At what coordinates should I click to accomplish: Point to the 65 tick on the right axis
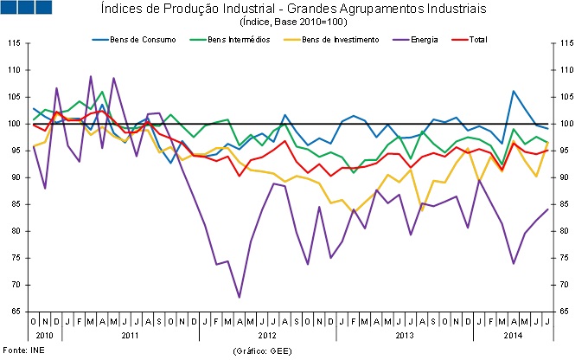(x=566, y=312)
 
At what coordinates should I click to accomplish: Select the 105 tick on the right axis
(x=566, y=97)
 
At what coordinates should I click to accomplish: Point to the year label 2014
(x=513, y=333)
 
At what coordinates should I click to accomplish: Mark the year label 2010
(x=45, y=333)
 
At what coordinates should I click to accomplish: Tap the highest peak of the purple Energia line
(x=92, y=76)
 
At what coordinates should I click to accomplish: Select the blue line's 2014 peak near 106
(x=514, y=91)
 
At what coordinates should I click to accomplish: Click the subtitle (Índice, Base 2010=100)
(x=292, y=21)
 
